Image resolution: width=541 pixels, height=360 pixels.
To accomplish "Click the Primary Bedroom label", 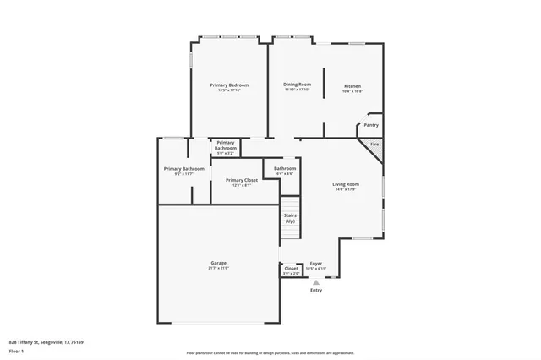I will [228, 85].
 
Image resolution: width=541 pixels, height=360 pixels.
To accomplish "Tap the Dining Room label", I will [297, 85].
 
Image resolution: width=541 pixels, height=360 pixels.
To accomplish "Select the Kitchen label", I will [352, 86].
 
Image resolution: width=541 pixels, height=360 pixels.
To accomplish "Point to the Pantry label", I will [370, 125].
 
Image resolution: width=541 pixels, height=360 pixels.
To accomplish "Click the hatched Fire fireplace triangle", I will [374, 145].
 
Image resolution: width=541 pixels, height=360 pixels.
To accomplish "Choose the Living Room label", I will [345, 184].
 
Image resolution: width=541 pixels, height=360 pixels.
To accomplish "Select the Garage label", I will [218, 263].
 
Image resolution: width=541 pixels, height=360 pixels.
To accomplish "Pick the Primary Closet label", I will [242, 180].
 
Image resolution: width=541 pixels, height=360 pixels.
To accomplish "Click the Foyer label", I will [315, 263].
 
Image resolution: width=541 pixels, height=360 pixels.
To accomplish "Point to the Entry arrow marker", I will [316, 281].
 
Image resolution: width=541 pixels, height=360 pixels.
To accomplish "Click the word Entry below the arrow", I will [316, 290].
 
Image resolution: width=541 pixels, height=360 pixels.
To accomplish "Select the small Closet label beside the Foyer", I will [291, 269].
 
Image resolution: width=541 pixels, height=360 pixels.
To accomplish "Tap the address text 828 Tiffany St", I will [46, 341].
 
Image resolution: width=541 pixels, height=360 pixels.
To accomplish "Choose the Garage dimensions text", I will [218, 268].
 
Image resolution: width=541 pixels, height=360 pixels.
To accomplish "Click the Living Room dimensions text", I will [345, 189].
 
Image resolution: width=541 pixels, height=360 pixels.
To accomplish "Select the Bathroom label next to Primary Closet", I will [285, 169].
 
